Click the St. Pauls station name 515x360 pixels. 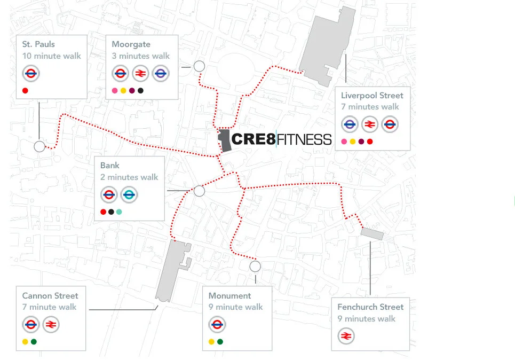(x=38, y=44)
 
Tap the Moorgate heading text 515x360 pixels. (x=131, y=44)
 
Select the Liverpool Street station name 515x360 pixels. (x=372, y=96)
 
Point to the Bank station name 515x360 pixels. (x=110, y=166)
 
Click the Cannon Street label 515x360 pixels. (x=50, y=295)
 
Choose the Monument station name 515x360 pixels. (x=229, y=295)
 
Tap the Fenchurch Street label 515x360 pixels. (x=370, y=307)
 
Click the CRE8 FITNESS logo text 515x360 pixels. (x=281, y=139)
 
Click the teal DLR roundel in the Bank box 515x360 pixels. (x=129, y=195)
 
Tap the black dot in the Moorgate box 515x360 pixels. (x=140, y=91)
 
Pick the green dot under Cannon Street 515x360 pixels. (x=34, y=342)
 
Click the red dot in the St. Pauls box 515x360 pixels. (x=25, y=91)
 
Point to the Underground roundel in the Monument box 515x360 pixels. (x=217, y=325)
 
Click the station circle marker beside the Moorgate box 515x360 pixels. (x=199, y=66)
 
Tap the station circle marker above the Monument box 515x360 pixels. (x=255, y=266)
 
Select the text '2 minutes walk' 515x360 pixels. (x=129, y=177)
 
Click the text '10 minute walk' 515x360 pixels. (x=52, y=56)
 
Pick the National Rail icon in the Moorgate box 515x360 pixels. (x=140, y=74)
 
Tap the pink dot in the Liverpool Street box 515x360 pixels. (x=344, y=142)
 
